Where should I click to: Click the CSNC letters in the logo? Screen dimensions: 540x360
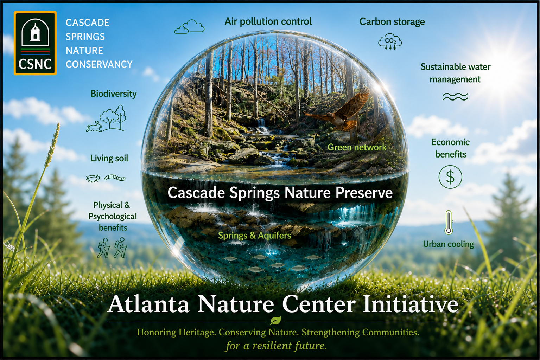(35, 64)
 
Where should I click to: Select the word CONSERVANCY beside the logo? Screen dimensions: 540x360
(99, 64)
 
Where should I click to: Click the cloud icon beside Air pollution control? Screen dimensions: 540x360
(189, 27)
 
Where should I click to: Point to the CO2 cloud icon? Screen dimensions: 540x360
(390, 41)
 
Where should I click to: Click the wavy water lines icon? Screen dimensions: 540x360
(455, 97)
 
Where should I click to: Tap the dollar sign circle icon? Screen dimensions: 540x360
(450, 177)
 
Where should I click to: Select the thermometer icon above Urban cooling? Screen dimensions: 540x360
(449, 222)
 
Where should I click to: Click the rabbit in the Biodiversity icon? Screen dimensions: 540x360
(94, 127)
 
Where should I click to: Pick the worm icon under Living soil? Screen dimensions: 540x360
(115, 178)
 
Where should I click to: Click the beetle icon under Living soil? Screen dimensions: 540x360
(93, 179)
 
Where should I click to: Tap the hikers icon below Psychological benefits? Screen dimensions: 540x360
(112, 248)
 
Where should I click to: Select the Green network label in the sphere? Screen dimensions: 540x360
(357, 147)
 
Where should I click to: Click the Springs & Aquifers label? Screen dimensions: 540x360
(255, 236)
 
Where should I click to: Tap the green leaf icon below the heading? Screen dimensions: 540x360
(275, 321)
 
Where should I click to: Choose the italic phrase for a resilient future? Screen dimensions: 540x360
(276, 346)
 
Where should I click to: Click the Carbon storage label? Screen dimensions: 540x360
(392, 22)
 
